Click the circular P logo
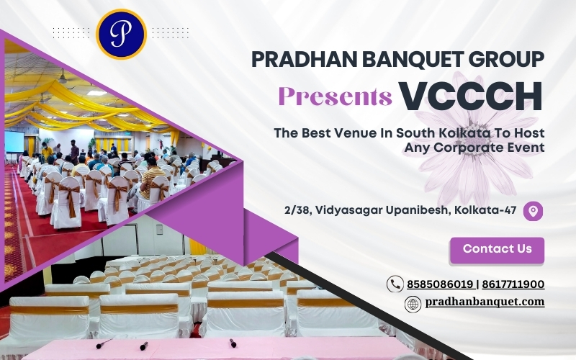coord(121,34)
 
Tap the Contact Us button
coord(497,250)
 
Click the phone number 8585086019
coord(440,284)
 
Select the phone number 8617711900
coord(513,284)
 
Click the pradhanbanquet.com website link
coord(485,302)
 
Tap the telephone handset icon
coord(395,284)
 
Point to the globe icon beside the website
coord(413,304)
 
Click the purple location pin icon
coord(533,211)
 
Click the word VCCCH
coord(471,96)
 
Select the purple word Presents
coord(336,96)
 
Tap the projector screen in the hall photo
coord(14,142)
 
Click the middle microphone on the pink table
coord(144,346)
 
